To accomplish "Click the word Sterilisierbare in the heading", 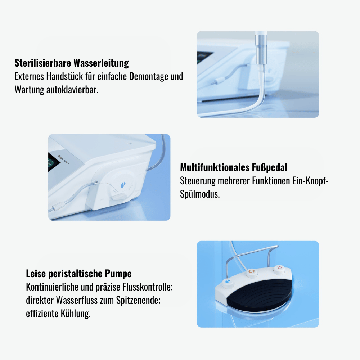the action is [43, 63].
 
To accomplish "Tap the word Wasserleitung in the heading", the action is [101, 63].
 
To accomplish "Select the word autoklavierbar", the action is [72, 90].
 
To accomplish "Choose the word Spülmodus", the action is [200, 194].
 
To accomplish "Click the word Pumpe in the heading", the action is [118, 274].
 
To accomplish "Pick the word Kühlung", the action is [76, 314].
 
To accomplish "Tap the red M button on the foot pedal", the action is [279, 268].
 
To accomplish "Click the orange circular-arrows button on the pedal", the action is [252, 271].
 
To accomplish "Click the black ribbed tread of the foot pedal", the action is [260, 292].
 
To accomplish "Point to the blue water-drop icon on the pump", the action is [123, 184].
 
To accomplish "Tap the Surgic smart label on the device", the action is [63, 159].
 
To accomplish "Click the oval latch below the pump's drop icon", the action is [118, 197].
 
